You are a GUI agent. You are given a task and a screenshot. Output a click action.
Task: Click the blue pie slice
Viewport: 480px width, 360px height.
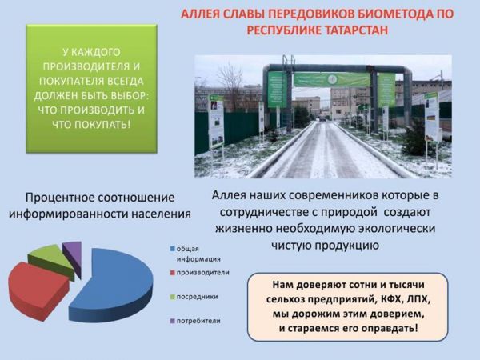tap(116, 285)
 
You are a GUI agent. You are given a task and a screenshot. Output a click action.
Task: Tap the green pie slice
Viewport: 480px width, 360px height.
tap(50, 258)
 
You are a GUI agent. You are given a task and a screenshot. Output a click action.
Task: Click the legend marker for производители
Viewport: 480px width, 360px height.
tap(173, 273)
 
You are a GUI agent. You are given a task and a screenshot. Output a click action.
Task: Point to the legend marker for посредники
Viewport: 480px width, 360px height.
tap(173, 297)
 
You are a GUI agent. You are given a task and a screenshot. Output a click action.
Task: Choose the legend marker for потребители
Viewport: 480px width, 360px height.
tap(173, 321)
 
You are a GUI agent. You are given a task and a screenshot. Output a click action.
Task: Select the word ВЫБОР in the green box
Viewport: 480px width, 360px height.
tap(130, 96)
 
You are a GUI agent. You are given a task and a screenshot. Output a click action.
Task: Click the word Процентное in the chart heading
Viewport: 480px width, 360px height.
tap(60, 198)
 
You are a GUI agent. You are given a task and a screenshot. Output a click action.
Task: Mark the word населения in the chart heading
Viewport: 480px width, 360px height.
tap(162, 214)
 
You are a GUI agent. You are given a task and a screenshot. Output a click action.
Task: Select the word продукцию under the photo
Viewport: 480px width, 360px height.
tap(347, 246)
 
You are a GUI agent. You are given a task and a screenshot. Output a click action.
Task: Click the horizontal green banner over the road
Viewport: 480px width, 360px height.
tap(332, 79)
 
